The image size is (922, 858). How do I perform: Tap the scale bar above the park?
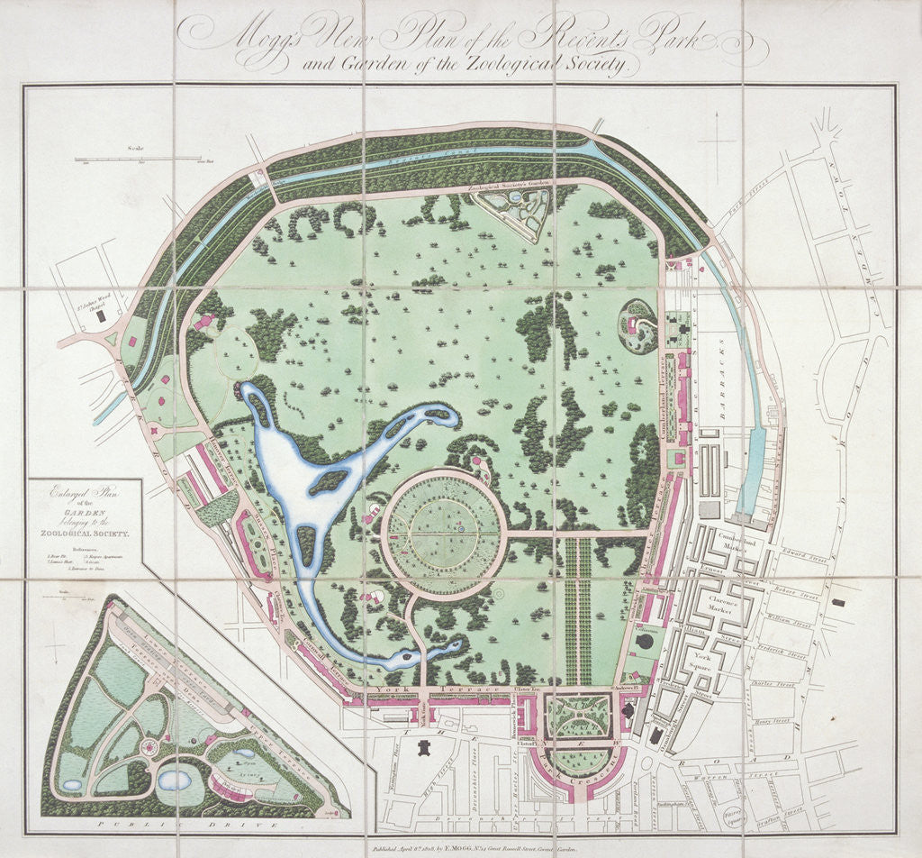coord(140,160)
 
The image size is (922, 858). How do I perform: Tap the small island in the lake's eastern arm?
coord(330,482)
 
